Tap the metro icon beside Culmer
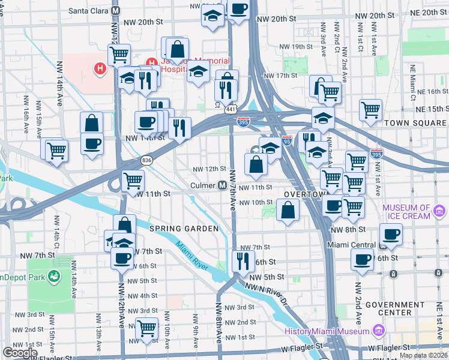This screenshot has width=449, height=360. coord(221,185)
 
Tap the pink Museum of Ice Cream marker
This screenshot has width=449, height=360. coord(440,211)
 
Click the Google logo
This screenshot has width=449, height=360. coord(20,353)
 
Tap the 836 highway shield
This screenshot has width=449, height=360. coord(147,160)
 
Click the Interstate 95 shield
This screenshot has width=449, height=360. coord(287,139)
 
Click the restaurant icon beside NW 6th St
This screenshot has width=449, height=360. coord(243,260)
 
